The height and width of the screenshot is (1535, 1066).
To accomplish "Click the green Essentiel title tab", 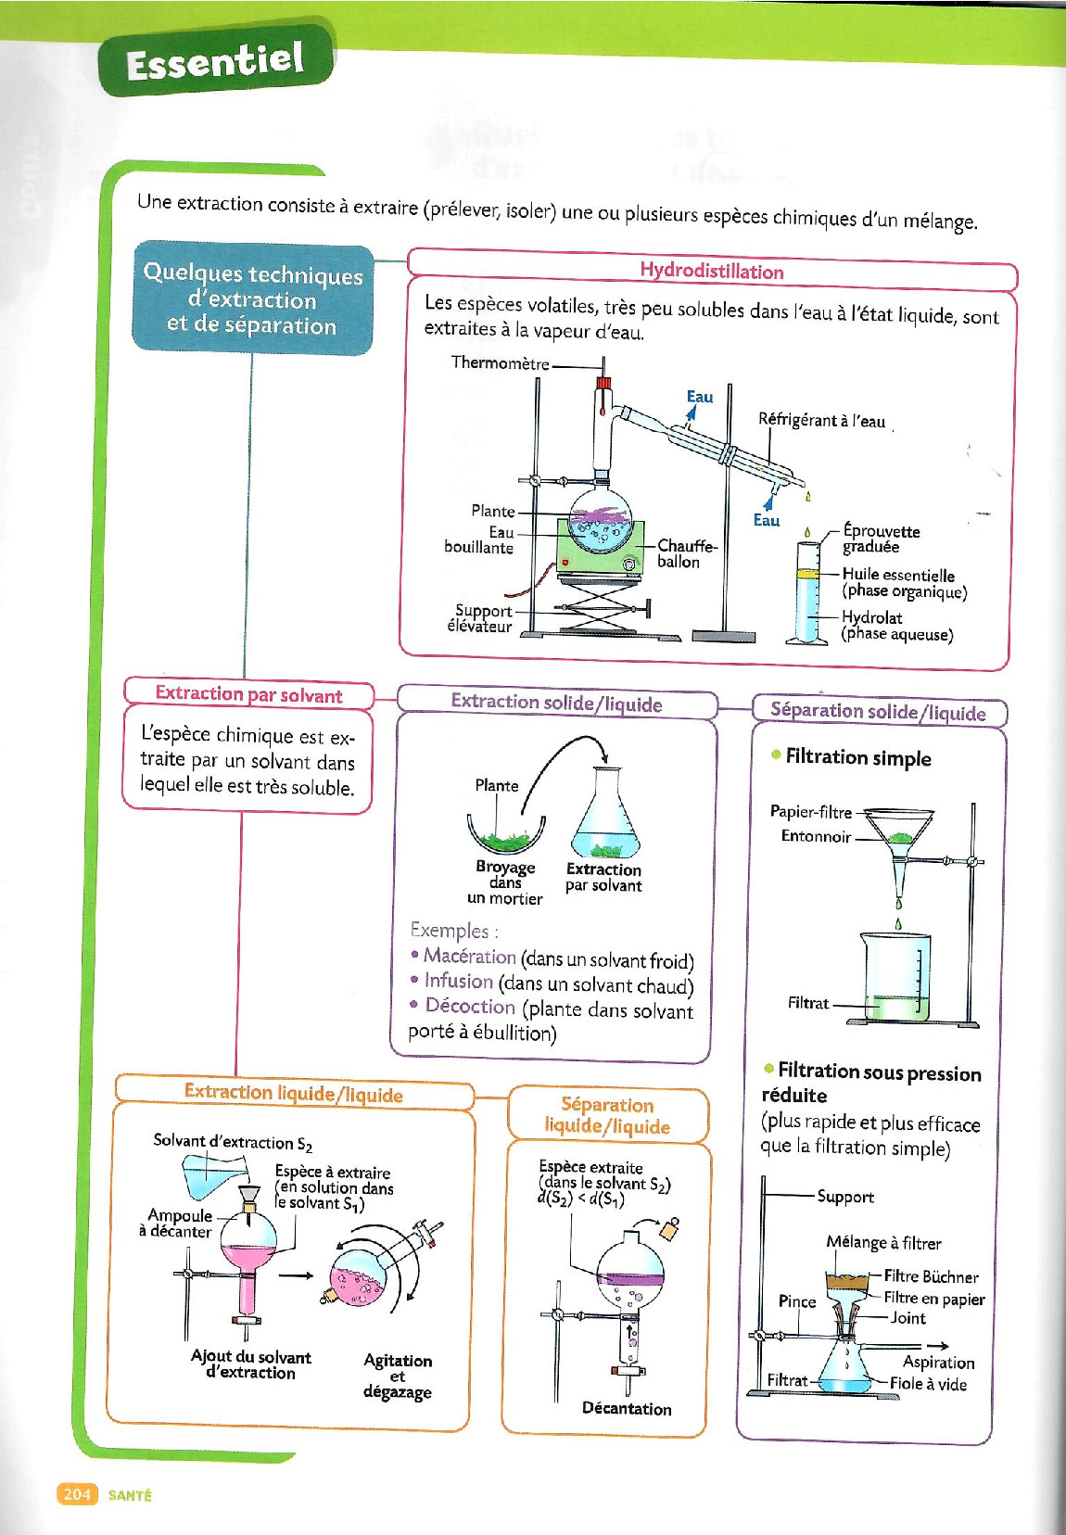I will [x=215, y=61].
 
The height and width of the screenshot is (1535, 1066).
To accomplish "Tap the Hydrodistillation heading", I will [x=711, y=271].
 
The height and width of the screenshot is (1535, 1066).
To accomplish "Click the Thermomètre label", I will [x=500, y=362].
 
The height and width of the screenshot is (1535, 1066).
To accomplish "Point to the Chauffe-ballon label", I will [x=686, y=553].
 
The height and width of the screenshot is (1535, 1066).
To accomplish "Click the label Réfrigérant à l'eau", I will [x=821, y=421].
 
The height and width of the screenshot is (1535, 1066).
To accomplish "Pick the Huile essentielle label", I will [x=897, y=575].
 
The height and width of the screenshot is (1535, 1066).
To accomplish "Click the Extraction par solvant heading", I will [x=248, y=694].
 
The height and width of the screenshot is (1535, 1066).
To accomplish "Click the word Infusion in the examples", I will [x=458, y=981].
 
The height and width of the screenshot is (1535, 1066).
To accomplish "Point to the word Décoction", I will [x=469, y=1006].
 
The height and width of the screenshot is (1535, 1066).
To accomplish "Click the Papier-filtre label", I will [x=810, y=812].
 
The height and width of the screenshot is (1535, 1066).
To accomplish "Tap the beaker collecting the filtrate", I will [x=895, y=978].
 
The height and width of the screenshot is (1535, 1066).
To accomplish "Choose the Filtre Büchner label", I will [x=931, y=1276].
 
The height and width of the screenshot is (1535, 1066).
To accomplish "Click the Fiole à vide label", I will [x=928, y=1384].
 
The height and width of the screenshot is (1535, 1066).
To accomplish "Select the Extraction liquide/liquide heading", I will [x=293, y=1093].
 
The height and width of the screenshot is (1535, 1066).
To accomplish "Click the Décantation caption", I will [x=627, y=1408].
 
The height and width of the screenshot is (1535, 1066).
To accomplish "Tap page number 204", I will [x=77, y=1493].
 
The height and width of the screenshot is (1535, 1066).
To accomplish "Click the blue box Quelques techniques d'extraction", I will [x=252, y=298].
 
